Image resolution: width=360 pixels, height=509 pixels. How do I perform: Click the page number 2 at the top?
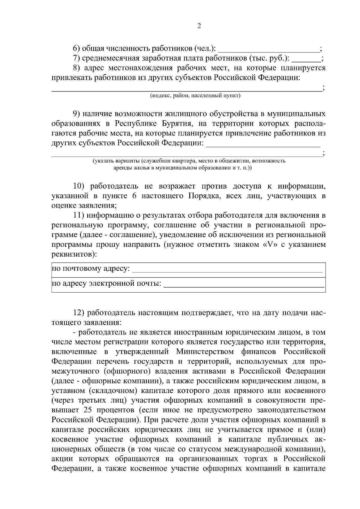(199, 26)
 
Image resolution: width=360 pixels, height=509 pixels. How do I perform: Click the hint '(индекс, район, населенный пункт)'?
(195, 96)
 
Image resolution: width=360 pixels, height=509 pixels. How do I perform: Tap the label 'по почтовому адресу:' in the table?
(91, 268)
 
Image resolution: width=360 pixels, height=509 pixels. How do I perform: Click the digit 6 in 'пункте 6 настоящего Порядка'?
(133, 196)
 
